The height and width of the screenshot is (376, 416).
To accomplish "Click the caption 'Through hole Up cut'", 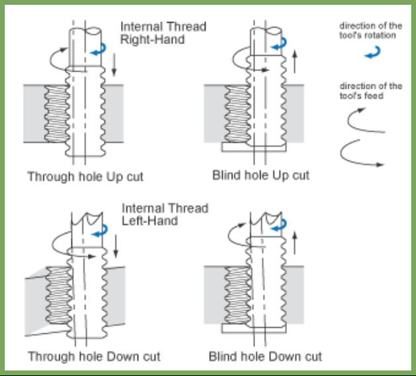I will (x=85, y=177).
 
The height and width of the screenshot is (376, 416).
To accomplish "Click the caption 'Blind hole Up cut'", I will (x=260, y=176).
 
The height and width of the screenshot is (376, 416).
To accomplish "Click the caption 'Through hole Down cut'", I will (x=93, y=357).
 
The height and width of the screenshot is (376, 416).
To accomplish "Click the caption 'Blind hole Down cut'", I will (x=265, y=357).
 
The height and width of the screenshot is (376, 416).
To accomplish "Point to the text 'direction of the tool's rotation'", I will (x=371, y=31).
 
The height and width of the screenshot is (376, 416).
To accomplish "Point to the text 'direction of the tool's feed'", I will (x=371, y=91).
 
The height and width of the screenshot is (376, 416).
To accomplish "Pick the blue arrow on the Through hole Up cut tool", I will (x=98, y=50).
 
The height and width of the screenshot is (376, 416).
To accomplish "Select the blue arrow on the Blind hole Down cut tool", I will (x=278, y=227).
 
